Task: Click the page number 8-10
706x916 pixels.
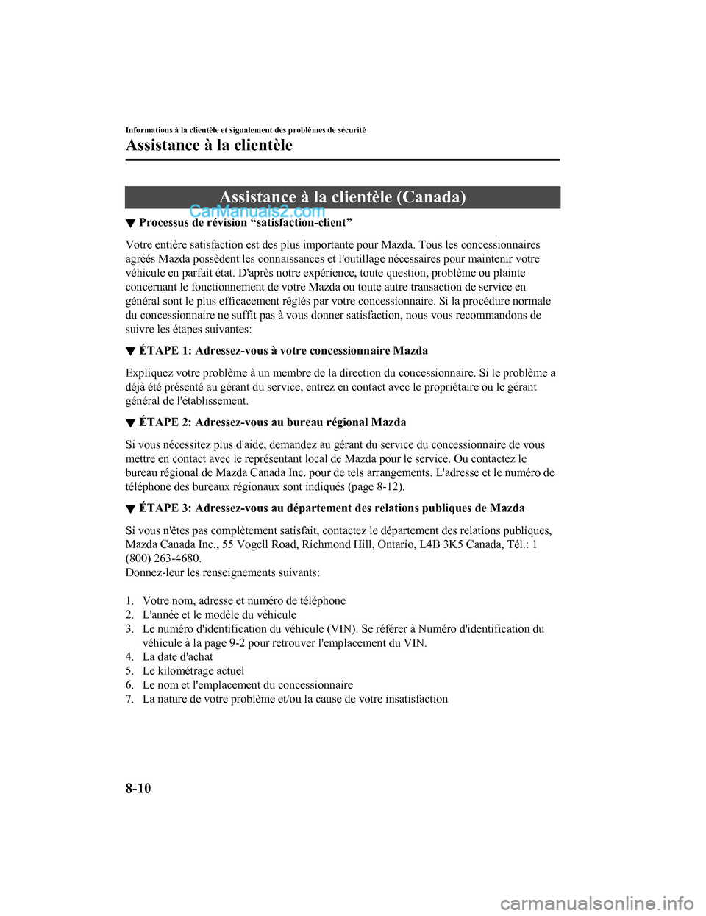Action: pyautogui.click(x=138, y=788)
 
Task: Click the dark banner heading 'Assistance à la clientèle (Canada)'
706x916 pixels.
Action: pyautogui.click(x=342, y=197)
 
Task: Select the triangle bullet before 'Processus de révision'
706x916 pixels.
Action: pyautogui.click(x=130, y=223)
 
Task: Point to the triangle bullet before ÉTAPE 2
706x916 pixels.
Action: pyautogui.click(x=130, y=423)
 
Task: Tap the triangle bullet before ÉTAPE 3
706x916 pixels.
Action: pyautogui.click(x=130, y=509)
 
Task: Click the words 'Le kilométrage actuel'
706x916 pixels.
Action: pyautogui.click(x=193, y=671)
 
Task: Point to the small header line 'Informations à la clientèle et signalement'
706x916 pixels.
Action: pyautogui.click(x=246, y=129)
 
